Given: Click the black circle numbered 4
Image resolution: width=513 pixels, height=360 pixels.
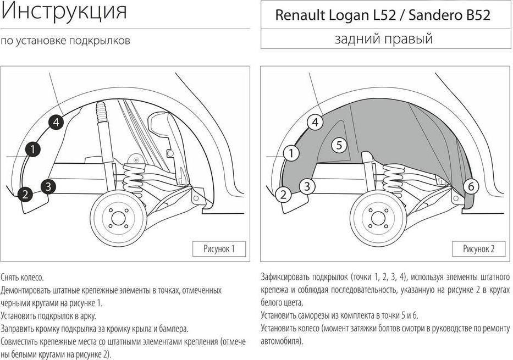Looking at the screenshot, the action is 56,122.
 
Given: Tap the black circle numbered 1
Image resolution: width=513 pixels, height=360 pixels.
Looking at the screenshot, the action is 32,149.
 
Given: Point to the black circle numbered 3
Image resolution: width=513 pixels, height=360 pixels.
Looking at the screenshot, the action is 48,187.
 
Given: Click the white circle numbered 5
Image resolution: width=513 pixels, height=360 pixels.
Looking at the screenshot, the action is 339,145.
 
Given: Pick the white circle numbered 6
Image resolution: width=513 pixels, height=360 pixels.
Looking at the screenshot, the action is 471,186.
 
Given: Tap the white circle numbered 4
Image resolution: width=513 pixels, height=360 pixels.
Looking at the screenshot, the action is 315,122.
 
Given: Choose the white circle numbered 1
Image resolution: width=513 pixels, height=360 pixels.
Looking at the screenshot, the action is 291,153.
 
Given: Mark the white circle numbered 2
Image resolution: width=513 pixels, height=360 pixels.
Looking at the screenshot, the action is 283,195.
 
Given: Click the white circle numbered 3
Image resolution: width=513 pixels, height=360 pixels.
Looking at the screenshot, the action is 307,186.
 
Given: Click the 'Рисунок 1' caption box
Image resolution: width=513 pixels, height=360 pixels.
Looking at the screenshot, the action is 219,249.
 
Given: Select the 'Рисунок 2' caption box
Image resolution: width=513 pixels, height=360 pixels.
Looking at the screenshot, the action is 479,249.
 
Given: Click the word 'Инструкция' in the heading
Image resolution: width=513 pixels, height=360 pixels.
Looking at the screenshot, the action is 64,10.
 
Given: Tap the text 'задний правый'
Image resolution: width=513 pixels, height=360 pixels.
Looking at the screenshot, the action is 384,38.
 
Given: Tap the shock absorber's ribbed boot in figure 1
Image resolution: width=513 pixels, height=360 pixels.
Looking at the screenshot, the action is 101,112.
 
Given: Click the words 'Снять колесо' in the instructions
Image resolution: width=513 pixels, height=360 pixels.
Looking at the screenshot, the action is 22,278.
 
